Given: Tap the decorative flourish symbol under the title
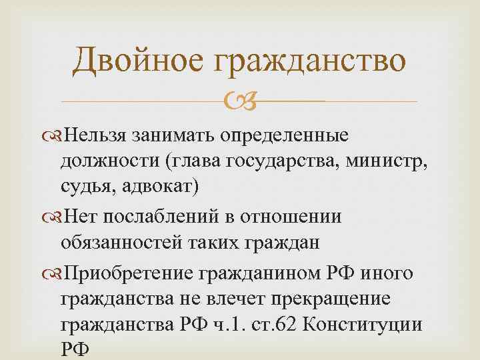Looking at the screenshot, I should coord(239,101).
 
